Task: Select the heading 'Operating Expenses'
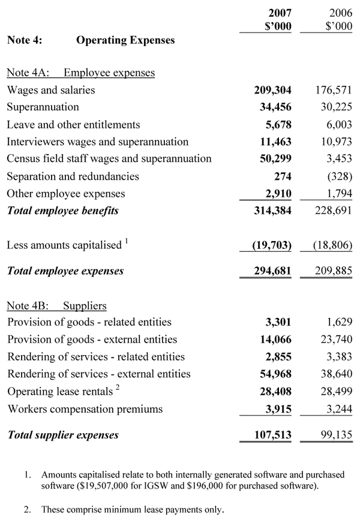125,41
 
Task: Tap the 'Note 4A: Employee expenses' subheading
80,73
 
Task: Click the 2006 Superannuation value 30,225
334,107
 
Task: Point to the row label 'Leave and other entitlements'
73,125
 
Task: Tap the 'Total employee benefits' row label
63,211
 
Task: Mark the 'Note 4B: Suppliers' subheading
57,305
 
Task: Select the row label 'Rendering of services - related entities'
96,357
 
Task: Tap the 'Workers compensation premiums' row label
85,409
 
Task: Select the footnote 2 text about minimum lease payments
133,510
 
